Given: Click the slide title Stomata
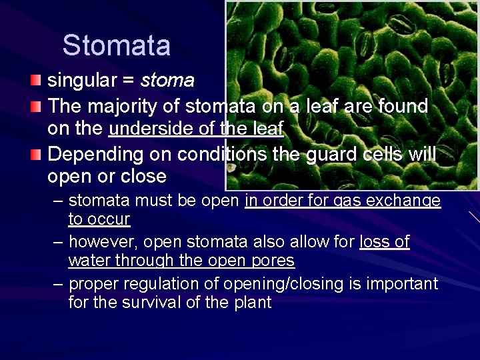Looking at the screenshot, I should (117, 46).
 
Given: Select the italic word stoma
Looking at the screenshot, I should (167, 81).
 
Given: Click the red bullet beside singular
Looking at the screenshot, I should (35, 81).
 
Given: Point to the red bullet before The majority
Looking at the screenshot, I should (35, 105).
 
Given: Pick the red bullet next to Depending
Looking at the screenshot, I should (35, 154).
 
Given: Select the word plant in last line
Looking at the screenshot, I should (251, 302).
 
